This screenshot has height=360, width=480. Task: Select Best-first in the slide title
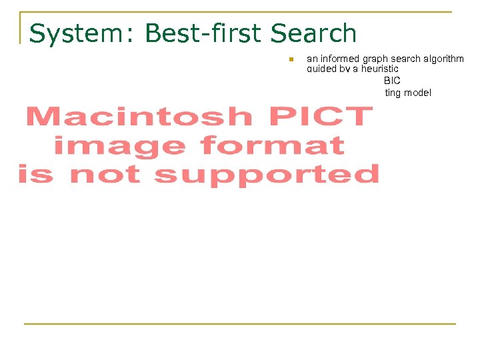pos(203,33)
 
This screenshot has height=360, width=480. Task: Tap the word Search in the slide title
pos(314,33)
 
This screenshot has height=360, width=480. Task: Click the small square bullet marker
pos(291,60)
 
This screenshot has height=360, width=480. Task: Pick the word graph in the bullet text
pos(375,59)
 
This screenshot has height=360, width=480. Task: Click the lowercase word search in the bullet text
pos(405,59)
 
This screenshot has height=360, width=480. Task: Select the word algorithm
pos(443,59)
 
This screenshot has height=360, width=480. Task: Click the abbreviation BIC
pos(392,81)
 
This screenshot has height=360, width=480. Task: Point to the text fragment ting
pos(393,93)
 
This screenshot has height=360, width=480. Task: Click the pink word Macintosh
pos(139,117)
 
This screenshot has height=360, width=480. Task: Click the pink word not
pos(105,175)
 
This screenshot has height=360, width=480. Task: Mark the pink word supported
pos(267,175)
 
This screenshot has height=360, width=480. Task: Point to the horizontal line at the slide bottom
pos(240,324)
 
